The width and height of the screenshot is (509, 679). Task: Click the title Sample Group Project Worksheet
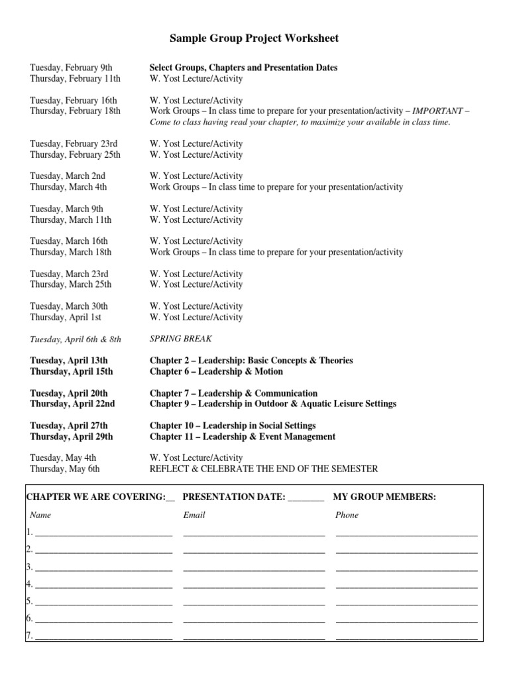(254, 38)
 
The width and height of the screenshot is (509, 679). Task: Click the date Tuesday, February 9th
(71, 68)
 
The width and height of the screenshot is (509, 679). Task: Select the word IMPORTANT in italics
(437, 111)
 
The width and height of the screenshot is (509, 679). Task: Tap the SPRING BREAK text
(181, 339)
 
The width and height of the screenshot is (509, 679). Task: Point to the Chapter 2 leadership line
(251, 361)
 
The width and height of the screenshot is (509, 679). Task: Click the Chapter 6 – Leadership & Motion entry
(216, 371)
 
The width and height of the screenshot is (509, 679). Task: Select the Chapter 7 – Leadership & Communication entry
(233, 393)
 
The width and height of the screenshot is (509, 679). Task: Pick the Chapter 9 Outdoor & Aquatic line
(272, 404)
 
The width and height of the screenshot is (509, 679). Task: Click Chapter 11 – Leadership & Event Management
(242, 436)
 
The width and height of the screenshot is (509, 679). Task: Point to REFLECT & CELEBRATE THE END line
(264, 469)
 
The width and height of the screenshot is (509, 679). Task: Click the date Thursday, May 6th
(65, 469)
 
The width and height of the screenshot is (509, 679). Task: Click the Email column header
(194, 515)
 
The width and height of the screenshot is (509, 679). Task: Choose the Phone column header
(347, 515)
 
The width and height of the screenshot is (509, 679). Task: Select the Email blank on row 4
(254, 585)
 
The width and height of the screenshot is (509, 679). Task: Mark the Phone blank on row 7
(406, 637)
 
